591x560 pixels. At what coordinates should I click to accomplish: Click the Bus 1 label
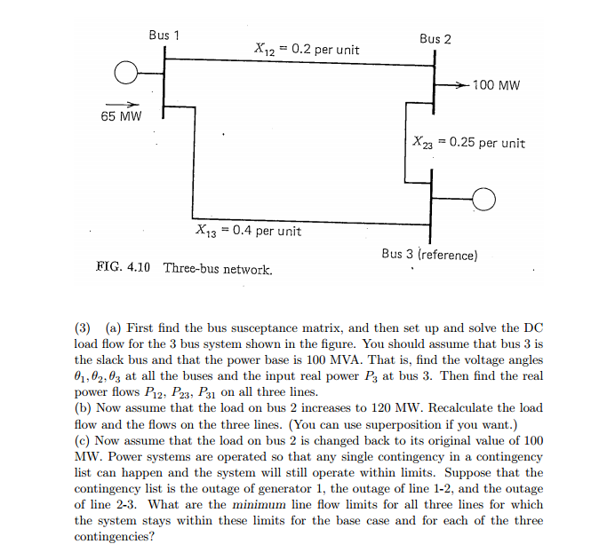164,35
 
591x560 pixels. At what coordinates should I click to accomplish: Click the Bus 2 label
435,39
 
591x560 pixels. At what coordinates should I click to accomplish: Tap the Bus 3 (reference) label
429,254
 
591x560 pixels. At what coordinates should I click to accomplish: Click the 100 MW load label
496,85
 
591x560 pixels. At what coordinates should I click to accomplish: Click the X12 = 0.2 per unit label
307,50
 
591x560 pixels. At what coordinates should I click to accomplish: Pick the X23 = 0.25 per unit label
469,142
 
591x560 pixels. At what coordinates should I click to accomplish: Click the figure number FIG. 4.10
123,266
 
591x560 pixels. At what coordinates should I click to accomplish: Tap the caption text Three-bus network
218,267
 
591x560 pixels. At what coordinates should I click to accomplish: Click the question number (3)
84,327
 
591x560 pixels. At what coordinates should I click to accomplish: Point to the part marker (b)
84,408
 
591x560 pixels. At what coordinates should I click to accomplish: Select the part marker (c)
84,440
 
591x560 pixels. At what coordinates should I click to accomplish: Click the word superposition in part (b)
467,424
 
